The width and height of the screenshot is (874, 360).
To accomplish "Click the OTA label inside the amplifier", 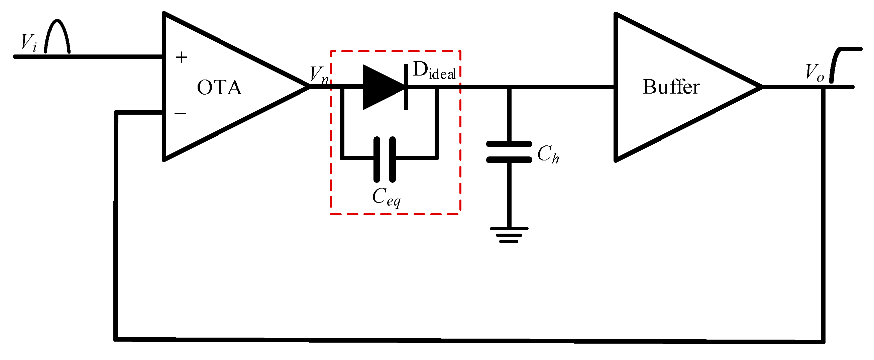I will coord(220,88).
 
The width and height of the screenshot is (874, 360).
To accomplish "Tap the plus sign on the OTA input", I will coord(182,57).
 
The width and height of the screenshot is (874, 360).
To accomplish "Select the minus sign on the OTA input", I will coord(180,113).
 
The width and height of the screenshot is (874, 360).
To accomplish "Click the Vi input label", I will coord(28,43).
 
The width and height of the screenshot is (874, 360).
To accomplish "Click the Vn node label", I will coord(319,75).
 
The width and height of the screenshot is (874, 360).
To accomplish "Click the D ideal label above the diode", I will coord(434,72).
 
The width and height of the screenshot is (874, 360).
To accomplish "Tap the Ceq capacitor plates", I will coord(385,159).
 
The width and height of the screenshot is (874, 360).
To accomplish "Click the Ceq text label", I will coord(386,197).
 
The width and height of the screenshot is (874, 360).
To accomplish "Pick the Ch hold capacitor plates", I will coord(509,152).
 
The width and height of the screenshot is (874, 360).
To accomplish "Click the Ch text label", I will coord(548,154).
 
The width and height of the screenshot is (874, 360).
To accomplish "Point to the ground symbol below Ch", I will coord(509,235).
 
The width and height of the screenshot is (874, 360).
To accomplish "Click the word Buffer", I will coord(671,87).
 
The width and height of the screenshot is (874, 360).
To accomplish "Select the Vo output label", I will coord(814,73).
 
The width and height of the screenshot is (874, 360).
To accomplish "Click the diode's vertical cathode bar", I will coord(406,87).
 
